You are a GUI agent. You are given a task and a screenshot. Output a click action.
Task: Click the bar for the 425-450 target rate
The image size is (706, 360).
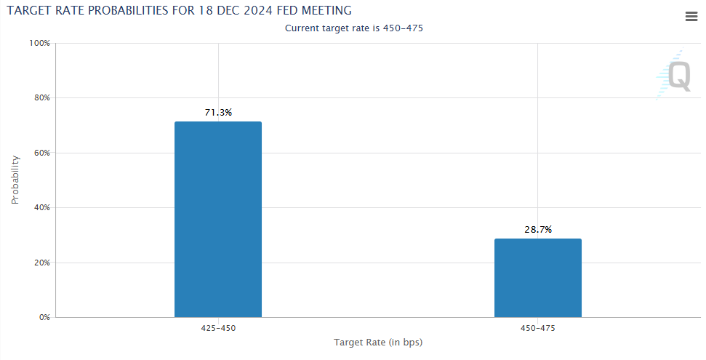[x=218, y=220]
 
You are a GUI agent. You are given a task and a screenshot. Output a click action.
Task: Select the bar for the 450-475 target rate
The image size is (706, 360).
[x=538, y=278]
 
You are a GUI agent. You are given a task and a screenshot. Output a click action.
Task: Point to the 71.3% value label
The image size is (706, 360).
[x=218, y=113]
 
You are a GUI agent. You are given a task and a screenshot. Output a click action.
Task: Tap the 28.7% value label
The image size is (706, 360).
[x=538, y=230]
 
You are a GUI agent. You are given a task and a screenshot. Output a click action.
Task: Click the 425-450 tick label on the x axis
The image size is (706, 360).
[x=218, y=328]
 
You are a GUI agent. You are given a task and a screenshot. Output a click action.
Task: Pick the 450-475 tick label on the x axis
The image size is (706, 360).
[x=538, y=328]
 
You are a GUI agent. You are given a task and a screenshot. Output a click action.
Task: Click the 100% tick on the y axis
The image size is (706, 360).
[x=39, y=43]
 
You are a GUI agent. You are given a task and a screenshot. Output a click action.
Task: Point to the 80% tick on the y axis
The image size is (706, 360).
[x=41, y=97]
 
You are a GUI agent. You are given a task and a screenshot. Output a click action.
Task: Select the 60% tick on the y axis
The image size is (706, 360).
[x=41, y=153]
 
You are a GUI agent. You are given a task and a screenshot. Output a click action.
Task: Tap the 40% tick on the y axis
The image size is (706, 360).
[x=41, y=208]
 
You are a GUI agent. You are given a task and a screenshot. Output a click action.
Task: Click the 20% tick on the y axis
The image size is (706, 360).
[x=41, y=263]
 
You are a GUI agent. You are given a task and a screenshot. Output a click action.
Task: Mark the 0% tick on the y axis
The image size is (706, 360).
[x=44, y=318]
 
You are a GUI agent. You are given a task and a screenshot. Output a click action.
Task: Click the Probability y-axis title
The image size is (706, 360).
[x=15, y=180]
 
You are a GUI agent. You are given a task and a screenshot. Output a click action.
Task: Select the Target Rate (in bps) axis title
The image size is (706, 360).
[x=378, y=343]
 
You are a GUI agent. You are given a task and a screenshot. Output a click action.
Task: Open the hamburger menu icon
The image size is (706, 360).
[x=691, y=17]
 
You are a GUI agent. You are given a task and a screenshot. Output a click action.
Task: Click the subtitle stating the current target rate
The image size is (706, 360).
[x=354, y=28]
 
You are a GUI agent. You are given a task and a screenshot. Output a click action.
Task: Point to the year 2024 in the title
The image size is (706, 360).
[x=257, y=10]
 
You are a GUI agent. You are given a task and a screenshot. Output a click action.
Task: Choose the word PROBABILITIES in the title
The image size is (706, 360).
[x=132, y=10]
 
